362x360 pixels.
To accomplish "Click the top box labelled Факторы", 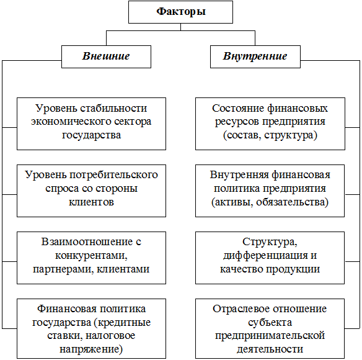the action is [x=180, y=12].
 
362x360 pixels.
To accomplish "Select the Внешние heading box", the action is [x=106, y=56].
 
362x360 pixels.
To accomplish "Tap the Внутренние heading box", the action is [x=255, y=56].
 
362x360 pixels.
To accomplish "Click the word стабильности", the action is [x=113, y=108].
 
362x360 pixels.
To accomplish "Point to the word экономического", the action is [x=70, y=122].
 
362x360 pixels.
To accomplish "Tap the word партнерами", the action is [x=63, y=269].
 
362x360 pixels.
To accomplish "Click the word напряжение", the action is [x=91, y=349].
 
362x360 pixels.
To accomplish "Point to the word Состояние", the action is [x=238, y=108].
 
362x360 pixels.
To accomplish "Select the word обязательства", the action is [x=292, y=202].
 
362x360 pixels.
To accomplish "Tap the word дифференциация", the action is [x=265, y=256].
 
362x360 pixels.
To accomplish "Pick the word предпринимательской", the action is [x=270, y=336].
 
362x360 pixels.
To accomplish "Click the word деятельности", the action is [x=270, y=349].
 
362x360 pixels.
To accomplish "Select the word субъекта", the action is [x=270, y=323].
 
